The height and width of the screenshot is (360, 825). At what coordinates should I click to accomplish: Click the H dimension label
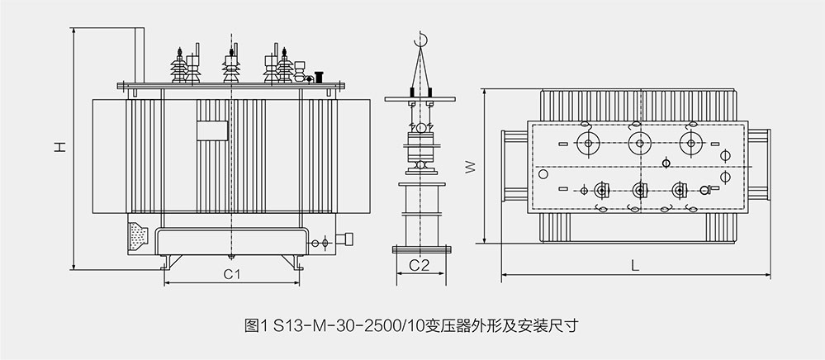point(59,148)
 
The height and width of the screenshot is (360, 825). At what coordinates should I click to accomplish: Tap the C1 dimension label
point(232,273)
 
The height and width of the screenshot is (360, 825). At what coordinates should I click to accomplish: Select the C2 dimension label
point(420,265)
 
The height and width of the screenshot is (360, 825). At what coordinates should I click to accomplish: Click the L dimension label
point(634,266)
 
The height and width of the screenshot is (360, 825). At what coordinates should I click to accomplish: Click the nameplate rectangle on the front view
point(211,130)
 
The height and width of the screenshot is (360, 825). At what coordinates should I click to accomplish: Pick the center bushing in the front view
point(230,67)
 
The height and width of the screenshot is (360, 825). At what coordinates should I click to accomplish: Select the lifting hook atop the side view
point(421,39)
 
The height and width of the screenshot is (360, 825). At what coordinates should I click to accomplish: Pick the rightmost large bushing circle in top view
point(688,144)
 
